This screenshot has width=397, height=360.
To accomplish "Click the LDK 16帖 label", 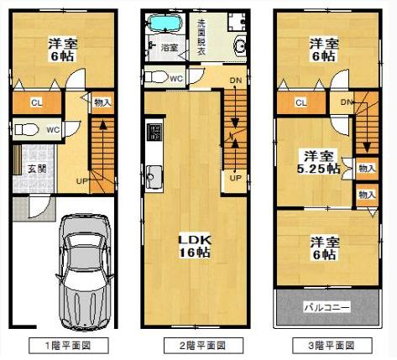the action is point(195,246).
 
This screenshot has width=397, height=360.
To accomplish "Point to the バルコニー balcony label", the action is point(327,308).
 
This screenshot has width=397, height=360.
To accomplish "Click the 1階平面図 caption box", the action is point(69,346).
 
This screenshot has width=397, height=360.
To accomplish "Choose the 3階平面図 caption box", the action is point(332,346).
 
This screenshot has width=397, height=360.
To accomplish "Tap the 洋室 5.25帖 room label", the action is point(319,162).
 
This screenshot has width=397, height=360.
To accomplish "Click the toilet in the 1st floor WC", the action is point(26,129).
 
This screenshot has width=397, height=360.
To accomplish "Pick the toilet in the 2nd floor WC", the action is point(156,76).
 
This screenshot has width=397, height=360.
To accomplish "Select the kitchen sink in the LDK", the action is point(154,177).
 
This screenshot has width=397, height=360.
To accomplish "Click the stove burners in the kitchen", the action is point(154,132).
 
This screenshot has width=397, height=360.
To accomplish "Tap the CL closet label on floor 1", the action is point(37,102).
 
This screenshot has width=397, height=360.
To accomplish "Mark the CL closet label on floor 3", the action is point(301,102).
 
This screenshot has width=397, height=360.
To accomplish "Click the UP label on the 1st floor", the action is point(82,181).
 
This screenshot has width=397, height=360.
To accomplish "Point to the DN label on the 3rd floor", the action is point(347,102).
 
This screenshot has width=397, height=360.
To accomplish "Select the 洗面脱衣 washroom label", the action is point(201,37).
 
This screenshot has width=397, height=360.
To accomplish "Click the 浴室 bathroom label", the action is point(170,47).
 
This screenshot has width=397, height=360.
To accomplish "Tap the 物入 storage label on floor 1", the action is point(102,102).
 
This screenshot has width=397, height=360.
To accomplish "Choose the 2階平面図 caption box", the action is point(203,346).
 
